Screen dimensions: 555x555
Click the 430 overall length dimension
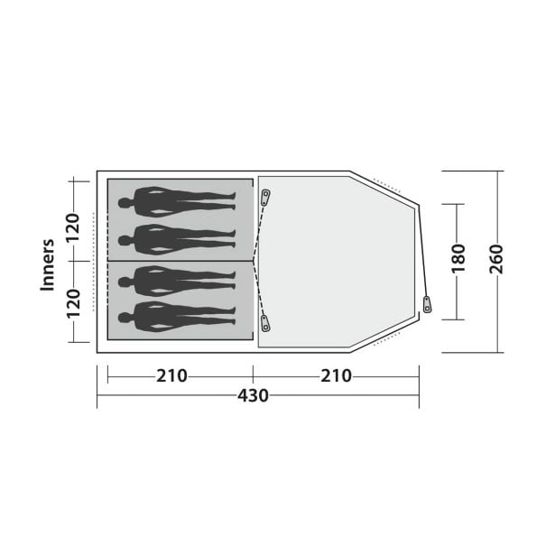(x=253, y=396)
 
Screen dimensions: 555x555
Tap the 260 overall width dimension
(x=496, y=259)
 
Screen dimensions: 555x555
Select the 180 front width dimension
(x=458, y=259)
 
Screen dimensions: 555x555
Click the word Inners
(x=48, y=265)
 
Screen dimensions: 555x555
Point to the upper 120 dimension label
(x=74, y=227)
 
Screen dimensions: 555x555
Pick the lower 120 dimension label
(x=74, y=304)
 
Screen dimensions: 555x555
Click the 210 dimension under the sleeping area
(x=171, y=376)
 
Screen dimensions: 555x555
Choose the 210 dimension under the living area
(x=336, y=376)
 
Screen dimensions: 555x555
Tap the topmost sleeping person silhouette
(x=177, y=202)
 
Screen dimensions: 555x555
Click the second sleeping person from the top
(x=177, y=240)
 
